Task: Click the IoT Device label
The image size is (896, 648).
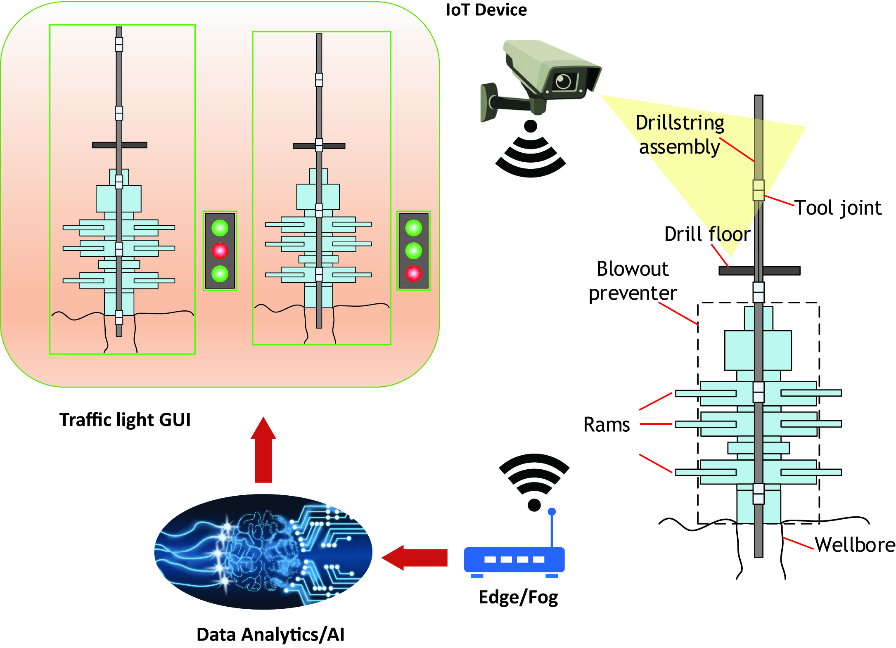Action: [x=486, y=10]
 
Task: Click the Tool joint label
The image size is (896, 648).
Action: [x=838, y=208]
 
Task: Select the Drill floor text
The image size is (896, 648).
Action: [x=707, y=234]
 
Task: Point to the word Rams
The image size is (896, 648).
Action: [x=606, y=425]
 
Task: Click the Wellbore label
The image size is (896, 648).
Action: [x=855, y=545]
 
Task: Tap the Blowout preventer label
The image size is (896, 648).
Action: [x=633, y=281]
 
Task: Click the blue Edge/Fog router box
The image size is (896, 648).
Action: [x=514, y=560]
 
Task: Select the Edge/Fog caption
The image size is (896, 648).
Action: [x=518, y=597]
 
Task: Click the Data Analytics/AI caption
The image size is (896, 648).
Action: [x=270, y=634]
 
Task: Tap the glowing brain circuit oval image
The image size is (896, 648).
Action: [x=263, y=552]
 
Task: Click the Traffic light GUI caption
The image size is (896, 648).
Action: [x=125, y=420]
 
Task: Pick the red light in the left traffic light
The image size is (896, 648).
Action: [x=220, y=251]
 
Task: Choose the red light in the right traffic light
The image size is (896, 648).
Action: [x=413, y=273]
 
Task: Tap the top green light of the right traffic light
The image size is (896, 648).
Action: [x=413, y=228]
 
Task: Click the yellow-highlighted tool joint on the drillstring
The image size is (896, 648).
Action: [x=759, y=190]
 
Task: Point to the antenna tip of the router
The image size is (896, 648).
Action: [x=552, y=512]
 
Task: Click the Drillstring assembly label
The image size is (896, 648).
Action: [x=680, y=135]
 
